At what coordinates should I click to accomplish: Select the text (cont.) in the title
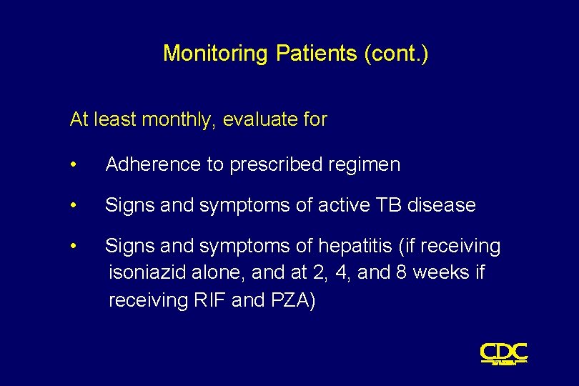(x=396, y=54)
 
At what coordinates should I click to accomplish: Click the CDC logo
(x=503, y=353)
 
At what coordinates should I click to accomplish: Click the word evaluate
(x=261, y=120)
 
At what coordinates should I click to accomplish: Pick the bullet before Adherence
(x=74, y=165)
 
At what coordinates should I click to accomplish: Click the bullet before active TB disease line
(x=74, y=206)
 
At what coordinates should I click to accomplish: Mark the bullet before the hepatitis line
(x=74, y=247)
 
